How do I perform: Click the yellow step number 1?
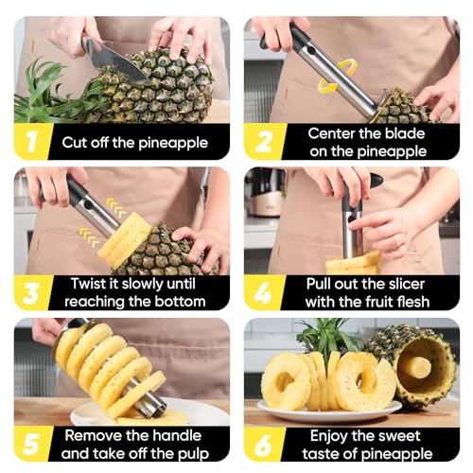31,142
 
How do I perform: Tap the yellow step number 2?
264,142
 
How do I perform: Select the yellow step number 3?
31,293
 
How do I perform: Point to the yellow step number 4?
263,293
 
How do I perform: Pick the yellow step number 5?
31,444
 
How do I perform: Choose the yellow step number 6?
263,444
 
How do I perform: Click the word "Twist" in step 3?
88,284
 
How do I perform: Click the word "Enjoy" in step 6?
329,437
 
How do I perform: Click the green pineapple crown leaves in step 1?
55,93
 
